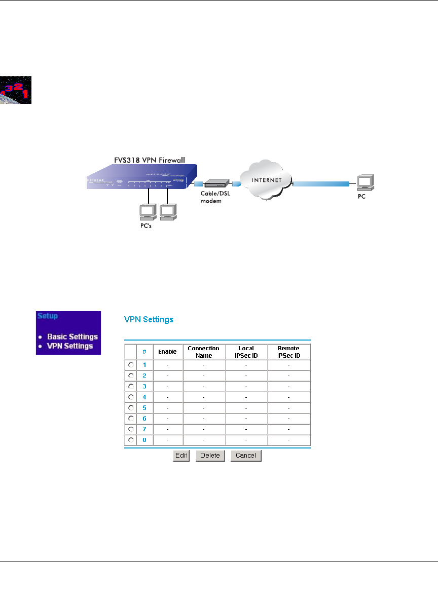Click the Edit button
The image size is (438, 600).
point(181,456)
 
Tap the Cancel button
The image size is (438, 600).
point(246,456)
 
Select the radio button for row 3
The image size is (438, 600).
point(131,386)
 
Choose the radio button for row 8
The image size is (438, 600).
point(131,439)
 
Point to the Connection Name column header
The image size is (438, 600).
point(203,352)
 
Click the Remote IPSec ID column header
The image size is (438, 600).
point(289,352)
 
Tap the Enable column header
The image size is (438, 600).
point(167,351)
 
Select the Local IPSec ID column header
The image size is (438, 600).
point(246,352)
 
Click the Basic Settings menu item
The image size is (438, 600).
point(72,336)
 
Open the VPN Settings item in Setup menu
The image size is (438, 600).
point(70,346)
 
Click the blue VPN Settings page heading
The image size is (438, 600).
point(149,320)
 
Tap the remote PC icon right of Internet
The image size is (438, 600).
point(364,182)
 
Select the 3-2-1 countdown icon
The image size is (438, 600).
point(16,90)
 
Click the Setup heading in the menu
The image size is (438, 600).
point(47,316)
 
